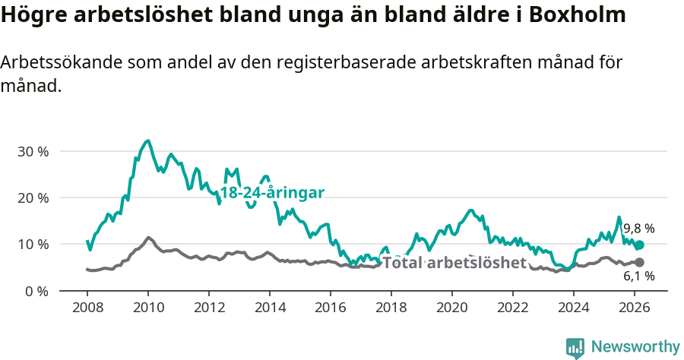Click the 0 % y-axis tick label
[x=36, y=291]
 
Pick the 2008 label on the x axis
[x=87, y=307]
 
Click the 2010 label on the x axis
[x=148, y=307]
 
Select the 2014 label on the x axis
[x=270, y=307]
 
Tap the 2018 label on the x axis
[x=391, y=307]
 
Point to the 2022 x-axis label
[x=513, y=307]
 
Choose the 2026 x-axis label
[x=635, y=307]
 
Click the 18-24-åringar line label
[x=272, y=192]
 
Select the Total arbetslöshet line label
[x=454, y=263]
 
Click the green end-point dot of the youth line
[x=639, y=245]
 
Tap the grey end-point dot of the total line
[x=639, y=262]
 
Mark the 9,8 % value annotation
[x=638, y=229]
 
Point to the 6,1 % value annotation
[x=638, y=276]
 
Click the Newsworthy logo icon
[x=575, y=347]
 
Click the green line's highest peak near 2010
[x=147, y=141]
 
